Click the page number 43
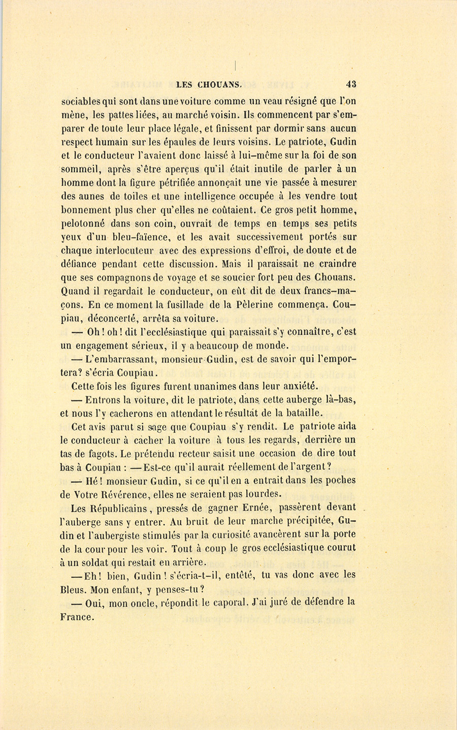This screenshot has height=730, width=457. pyautogui.click(x=350, y=84)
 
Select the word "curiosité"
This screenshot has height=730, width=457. pyautogui.click(x=243, y=534)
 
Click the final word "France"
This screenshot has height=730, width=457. pyautogui.click(x=77, y=617)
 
